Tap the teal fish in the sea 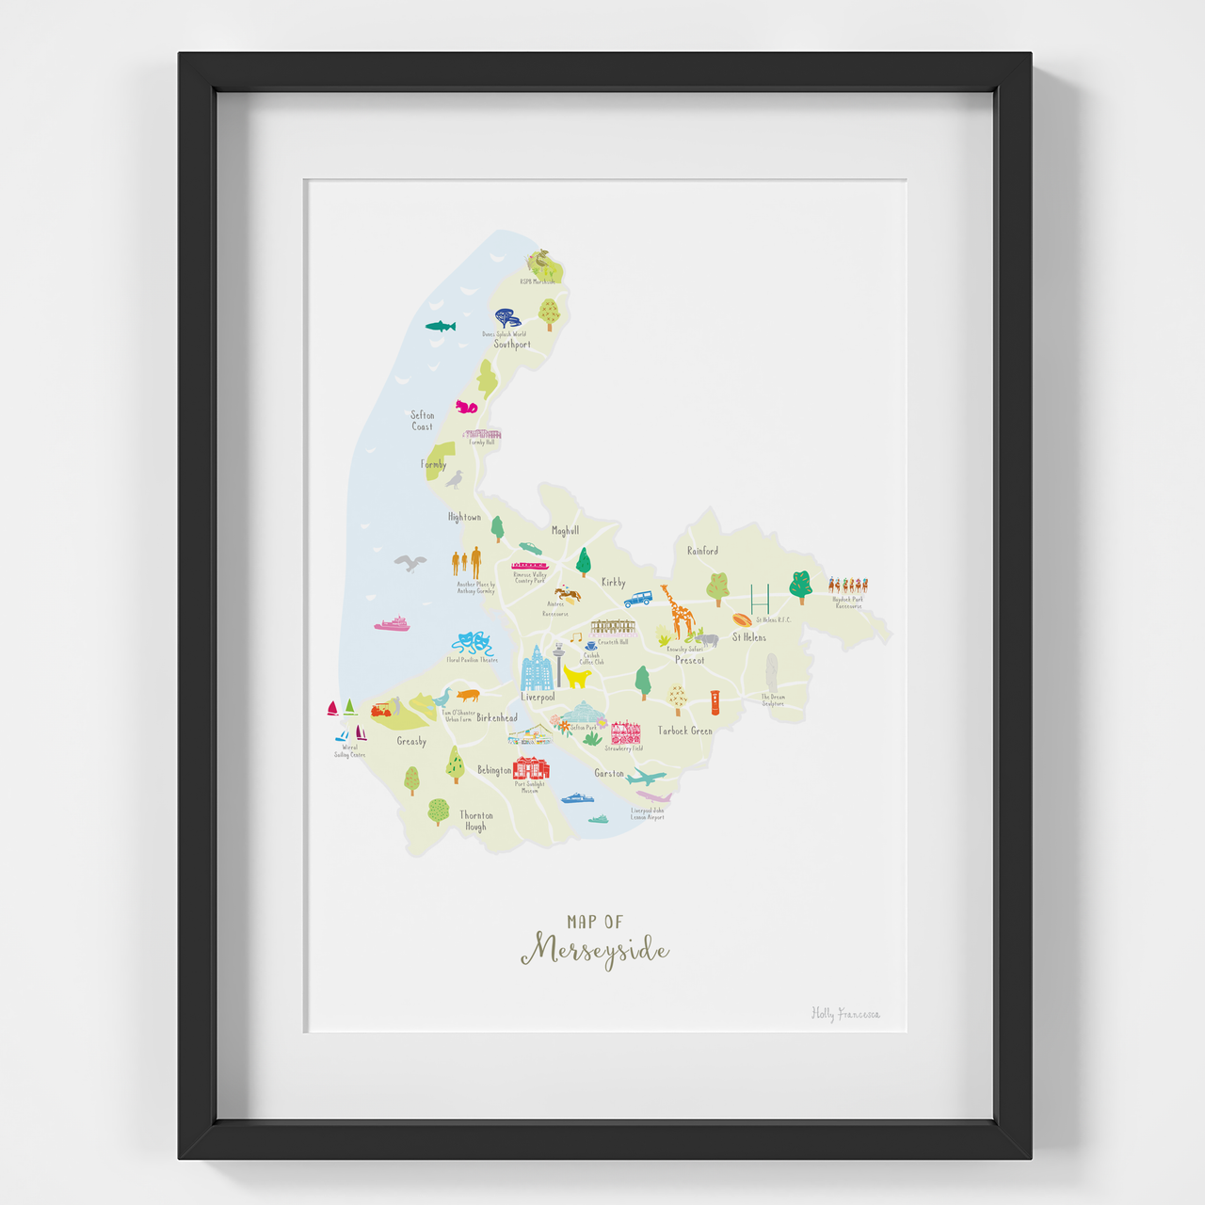coord(440,327)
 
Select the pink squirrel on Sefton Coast coord(466,407)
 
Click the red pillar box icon coord(715,702)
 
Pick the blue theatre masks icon coord(472,644)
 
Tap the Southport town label coord(512,345)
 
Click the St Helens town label coord(749,637)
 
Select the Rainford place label coord(702,551)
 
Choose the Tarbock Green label coord(685,731)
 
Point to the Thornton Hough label coord(476,821)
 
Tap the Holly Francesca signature coord(845,1014)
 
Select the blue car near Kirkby coord(638,598)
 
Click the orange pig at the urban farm coord(468,696)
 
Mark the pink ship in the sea coord(392,623)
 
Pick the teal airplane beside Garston coord(646,777)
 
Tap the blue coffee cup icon coord(590,647)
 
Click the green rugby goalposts coord(760,598)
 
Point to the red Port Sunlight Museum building coord(531,768)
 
